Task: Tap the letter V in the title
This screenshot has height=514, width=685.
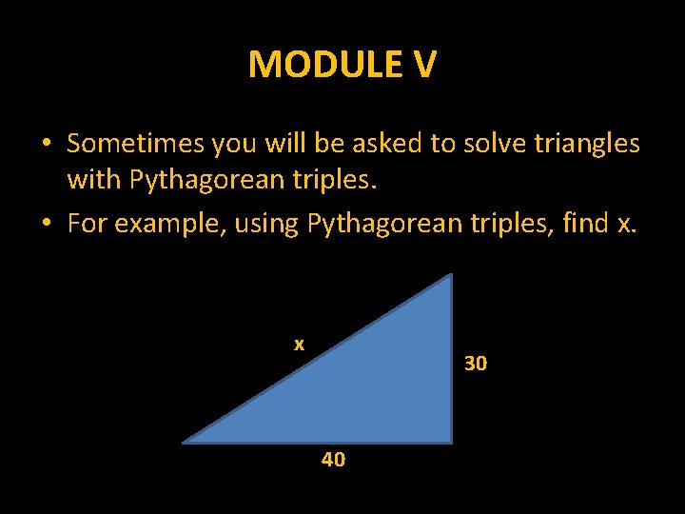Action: pos(424,65)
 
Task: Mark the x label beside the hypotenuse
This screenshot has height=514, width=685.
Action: pos(299,344)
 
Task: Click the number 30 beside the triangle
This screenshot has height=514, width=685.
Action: pos(476,363)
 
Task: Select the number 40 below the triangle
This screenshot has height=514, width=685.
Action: pos(333,460)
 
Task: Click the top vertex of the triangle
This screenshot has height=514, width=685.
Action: pos(450,276)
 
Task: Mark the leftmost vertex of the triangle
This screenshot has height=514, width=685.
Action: pos(185,442)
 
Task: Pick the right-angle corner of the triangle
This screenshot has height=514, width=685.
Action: pos(450,441)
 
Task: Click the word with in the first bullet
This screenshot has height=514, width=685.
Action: pos(94,177)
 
